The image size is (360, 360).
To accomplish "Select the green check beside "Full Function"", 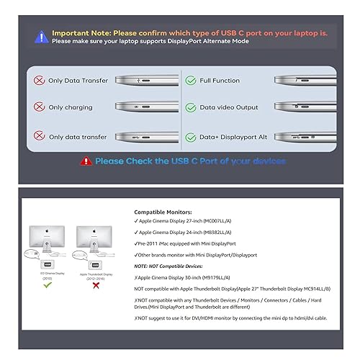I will coord(191,80).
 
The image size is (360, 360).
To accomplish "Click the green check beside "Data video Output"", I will coord(191,107).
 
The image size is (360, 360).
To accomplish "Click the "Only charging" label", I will coord(70,107).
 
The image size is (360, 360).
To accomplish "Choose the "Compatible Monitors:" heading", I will coord(163,212).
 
